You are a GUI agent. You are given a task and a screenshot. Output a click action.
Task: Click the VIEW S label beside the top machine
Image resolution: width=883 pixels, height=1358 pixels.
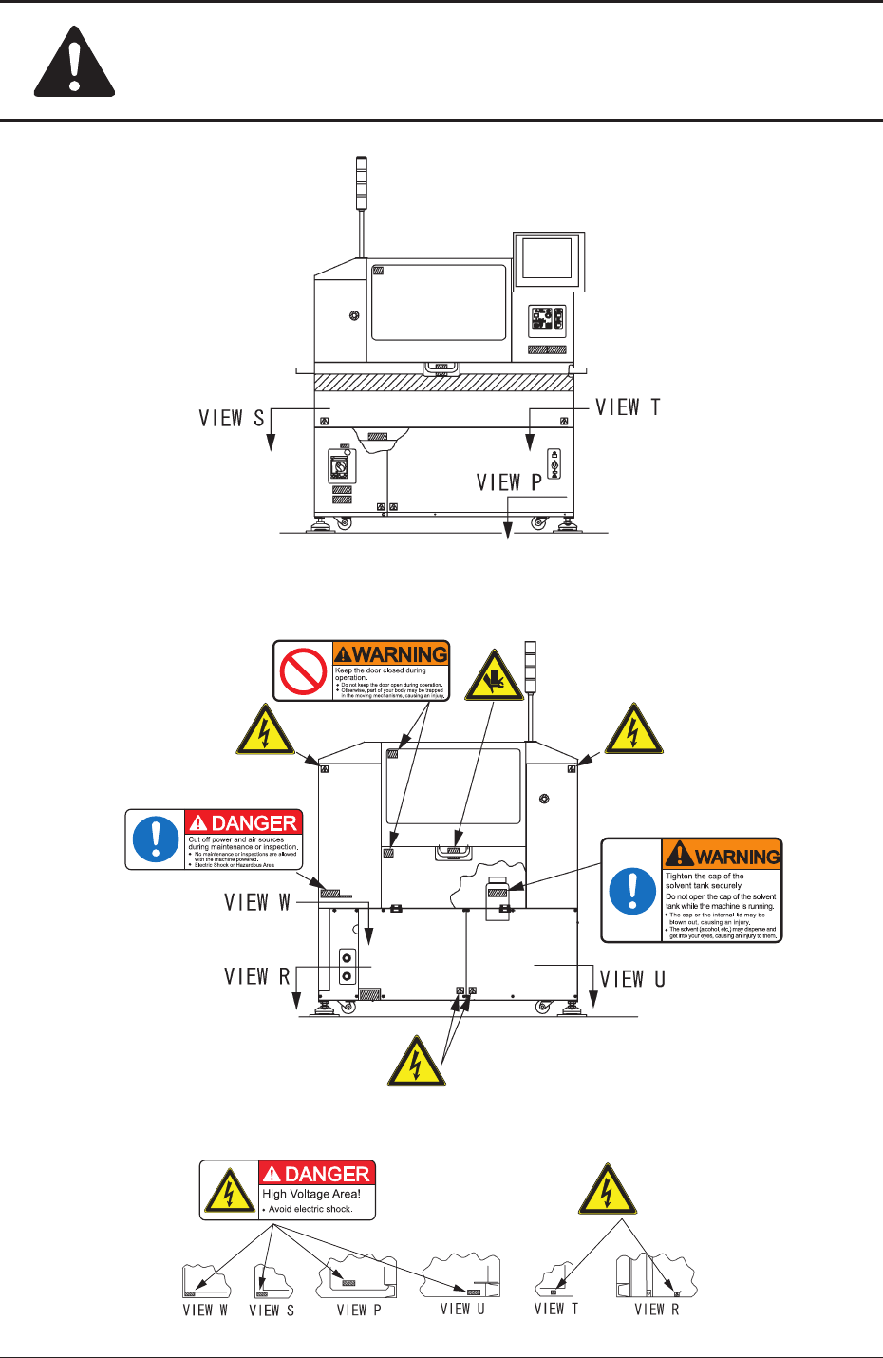[231, 418]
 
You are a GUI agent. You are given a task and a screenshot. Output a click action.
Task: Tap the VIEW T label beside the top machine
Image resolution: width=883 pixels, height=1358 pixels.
[628, 407]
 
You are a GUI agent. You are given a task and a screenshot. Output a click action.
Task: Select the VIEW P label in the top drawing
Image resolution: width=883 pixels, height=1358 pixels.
[509, 482]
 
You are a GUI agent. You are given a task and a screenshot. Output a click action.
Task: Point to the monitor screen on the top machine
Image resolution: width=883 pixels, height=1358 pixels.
[546, 257]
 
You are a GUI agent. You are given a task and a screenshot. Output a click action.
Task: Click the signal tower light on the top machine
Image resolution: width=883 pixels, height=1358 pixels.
[361, 183]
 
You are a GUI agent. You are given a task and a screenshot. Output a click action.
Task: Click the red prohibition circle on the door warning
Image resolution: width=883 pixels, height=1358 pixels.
[304, 671]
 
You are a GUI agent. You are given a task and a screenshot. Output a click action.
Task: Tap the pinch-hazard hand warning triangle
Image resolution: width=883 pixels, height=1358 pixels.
[494, 677]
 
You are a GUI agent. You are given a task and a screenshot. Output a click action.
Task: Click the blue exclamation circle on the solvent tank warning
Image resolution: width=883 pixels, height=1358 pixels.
[632, 891]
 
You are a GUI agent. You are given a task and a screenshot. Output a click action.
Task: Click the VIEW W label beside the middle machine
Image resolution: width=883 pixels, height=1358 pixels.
[257, 902]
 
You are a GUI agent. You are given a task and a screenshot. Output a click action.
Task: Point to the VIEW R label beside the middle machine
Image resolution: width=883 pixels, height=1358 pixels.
[257, 977]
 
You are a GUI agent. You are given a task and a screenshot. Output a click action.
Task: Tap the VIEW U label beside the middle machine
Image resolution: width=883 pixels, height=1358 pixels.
[632, 979]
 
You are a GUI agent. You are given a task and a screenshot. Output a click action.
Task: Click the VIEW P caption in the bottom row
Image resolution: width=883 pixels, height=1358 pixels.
[359, 1311]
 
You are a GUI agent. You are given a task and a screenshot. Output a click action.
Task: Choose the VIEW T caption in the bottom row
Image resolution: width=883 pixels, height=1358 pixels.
[556, 1309]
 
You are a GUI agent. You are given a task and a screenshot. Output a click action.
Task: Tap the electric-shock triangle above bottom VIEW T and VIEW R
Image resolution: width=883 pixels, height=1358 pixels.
[608, 1192]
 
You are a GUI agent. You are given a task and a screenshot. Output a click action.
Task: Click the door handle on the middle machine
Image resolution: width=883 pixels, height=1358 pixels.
[454, 851]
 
